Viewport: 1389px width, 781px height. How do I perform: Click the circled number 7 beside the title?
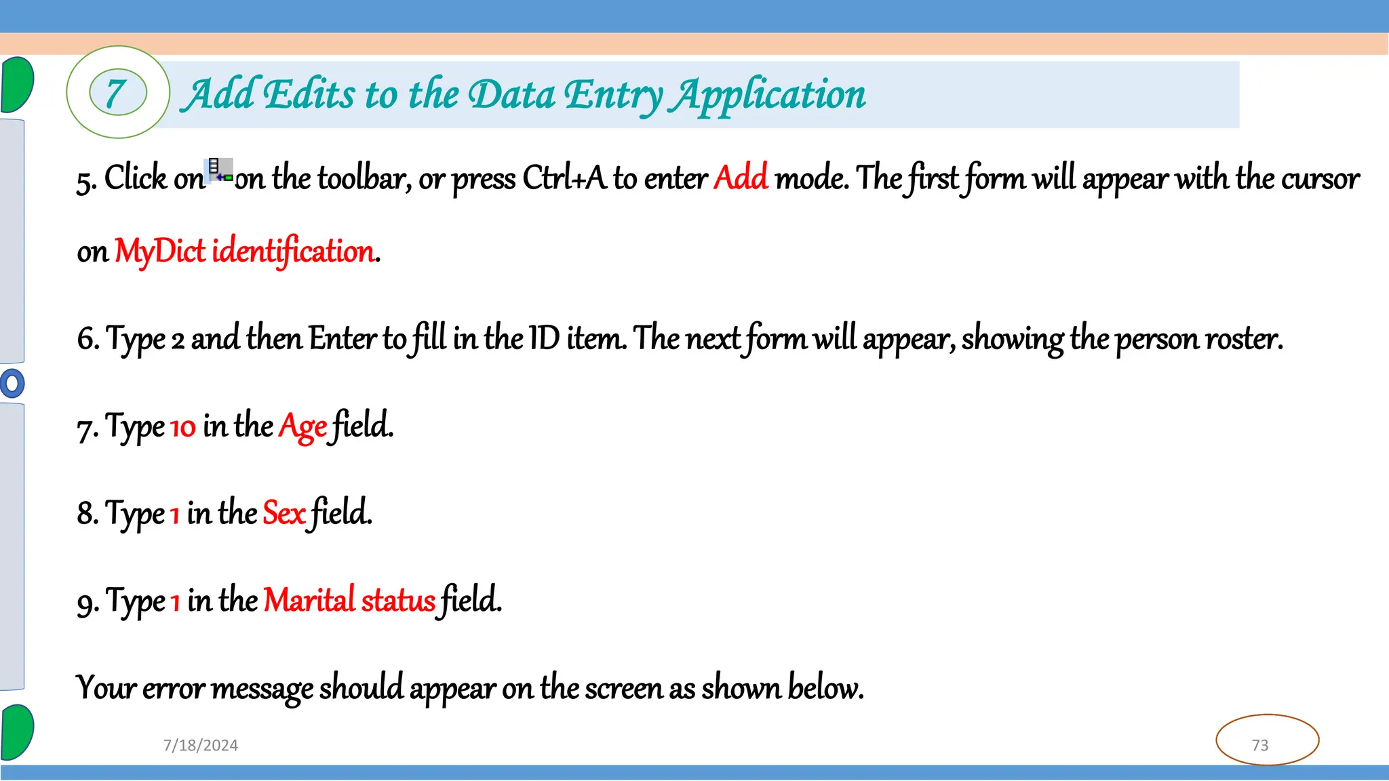point(117,93)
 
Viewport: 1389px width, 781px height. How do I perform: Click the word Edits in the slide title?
point(309,94)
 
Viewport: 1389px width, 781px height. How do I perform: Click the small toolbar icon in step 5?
point(219,171)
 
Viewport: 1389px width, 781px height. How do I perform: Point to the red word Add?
point(741,178)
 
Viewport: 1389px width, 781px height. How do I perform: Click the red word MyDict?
point(159,252)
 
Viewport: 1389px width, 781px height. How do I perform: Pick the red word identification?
point(293,252)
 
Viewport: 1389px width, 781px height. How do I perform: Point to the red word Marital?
point(309,601)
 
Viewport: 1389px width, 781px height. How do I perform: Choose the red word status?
point(398,601)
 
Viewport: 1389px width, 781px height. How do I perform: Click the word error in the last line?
point(174,689)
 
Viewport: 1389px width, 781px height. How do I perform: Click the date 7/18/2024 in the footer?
point(201,745)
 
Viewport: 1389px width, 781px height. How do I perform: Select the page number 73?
point(1260,745)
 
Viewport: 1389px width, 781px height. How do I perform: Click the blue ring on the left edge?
point(12,383)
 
